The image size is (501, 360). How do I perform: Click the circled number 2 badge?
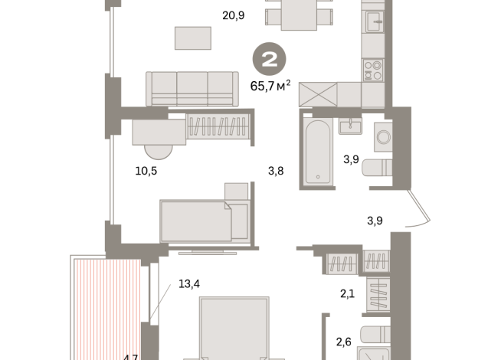[270, 58]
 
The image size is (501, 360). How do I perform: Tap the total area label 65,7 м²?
[270, 86]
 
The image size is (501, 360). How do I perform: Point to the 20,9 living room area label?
[233, 15]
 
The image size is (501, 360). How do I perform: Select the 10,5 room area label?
[146, 171]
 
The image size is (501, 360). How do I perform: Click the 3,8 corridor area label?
[276, 171]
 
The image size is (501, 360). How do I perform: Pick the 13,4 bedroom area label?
[189, 283]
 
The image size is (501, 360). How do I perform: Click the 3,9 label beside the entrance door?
[375, 221]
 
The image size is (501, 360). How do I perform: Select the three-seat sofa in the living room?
[192, 88]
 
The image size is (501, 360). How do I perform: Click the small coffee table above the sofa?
[192, 38]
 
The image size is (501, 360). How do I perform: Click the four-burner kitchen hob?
[373, 70]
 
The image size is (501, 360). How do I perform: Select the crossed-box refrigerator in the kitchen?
[318, 95]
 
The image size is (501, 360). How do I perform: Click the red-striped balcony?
[107, 306]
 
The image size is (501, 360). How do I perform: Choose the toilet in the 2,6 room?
[375, 336]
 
